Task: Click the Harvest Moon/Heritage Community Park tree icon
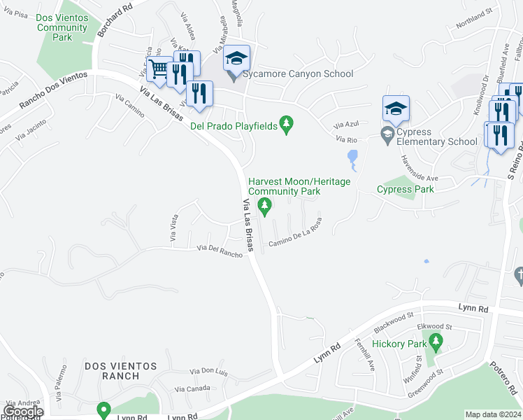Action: tap(264, 204)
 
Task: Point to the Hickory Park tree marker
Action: tap(436, 342)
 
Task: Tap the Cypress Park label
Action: tap(405, 189)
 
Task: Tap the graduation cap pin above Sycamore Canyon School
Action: tap(236, 57)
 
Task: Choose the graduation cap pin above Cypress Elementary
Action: tap(395, 108)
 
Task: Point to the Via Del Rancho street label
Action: tap(220, 251)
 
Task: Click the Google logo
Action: tap(22, 412)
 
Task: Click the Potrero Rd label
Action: tap(501, 378)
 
